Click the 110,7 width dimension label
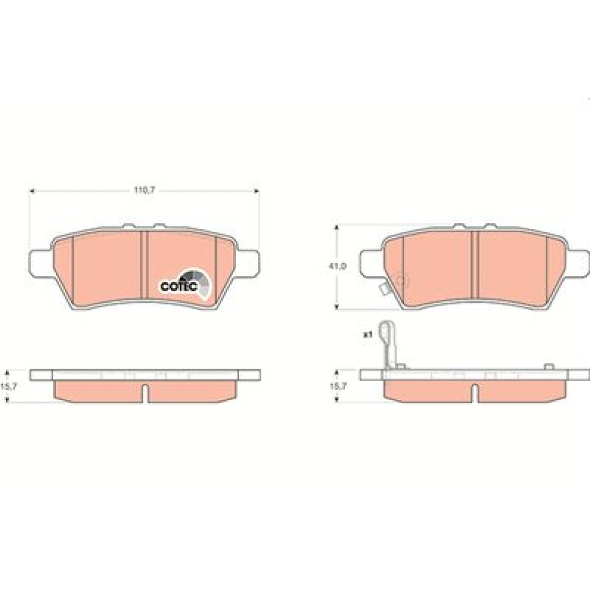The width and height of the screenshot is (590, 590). [145, 191]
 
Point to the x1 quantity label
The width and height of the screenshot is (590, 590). [367, 334]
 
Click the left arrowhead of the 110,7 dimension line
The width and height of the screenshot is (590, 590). [32, 191]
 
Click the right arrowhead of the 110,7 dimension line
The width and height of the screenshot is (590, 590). [257, 191]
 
